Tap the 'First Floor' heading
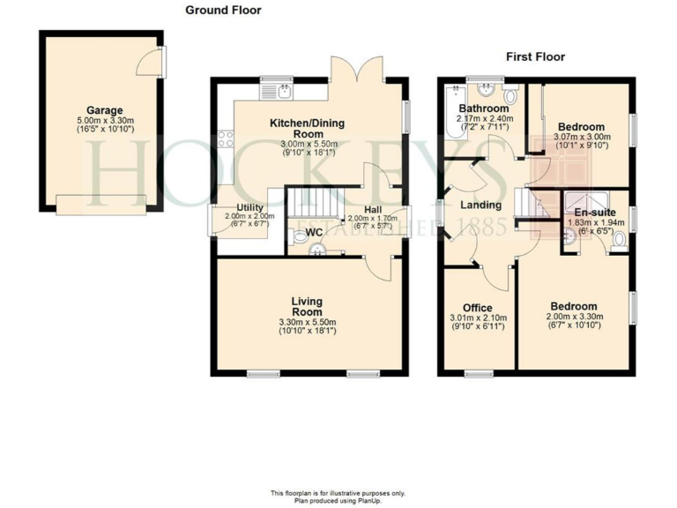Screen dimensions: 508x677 (x=535, y=57)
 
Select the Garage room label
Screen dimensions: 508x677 (x=104, y=111)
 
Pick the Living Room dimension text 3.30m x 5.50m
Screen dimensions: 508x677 (x=308, y=323)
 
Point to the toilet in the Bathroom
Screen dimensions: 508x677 (x=510, y=94)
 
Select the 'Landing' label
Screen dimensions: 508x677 (x=480, y=205)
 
